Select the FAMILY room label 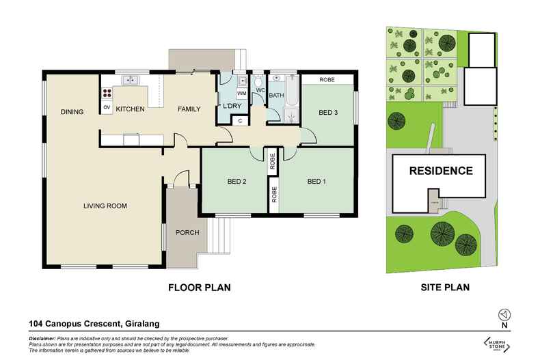coord(189,109)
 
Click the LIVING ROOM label coord(105,206)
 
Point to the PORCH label coord(187,233)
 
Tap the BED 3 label coord(328,113)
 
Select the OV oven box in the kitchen coord(107,108)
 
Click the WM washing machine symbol coord(242,93)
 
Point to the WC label coord(260,89)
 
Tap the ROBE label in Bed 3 coord(328,79)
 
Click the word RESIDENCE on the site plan coord(440,171)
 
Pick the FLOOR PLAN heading coord(199,288)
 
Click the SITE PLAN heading coord(444,288)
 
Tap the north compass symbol coord(504,315)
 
